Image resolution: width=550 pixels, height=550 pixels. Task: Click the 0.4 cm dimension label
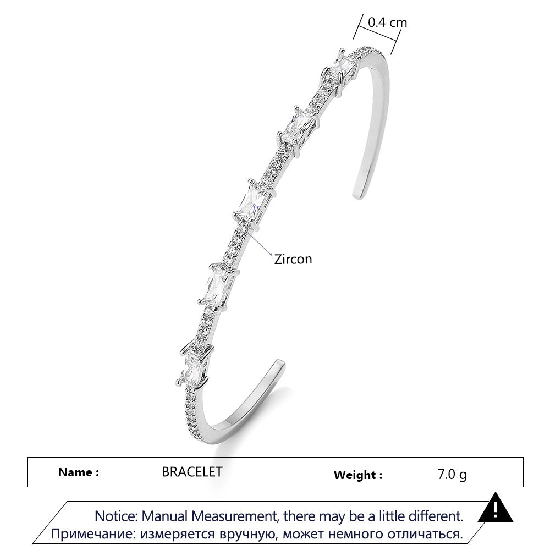coord(387,23)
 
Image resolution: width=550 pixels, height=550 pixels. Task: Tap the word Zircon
coord(293,259)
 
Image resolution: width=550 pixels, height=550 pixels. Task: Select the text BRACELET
coord(192,472)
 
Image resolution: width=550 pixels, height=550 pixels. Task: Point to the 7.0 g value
coord(452,474)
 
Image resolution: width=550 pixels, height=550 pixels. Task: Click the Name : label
coord(79,472)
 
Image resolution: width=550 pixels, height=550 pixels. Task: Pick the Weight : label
coord(358,475)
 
